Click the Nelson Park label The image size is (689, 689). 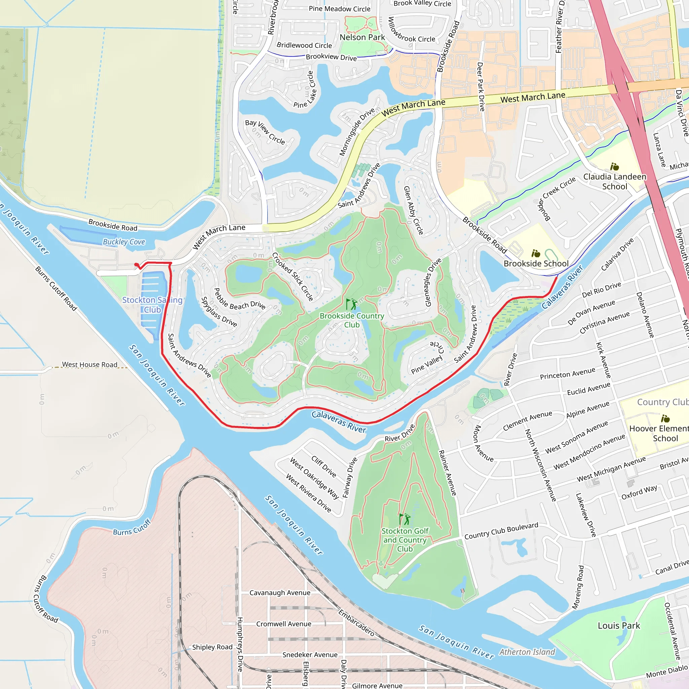pyautogui.click(x=362, y=37)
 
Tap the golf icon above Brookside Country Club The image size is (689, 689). pyautogui.click(x=351, y=304)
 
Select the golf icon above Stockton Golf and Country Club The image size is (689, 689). pyautogui.click(x=404, y=519)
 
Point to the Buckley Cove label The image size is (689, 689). pyautogui.click(x=124, y=242)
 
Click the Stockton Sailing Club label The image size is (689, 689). pyautogui.click(x=152, y=304)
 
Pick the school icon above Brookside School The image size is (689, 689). pyautogui.click(x=536, y=254)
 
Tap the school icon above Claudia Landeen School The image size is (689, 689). pyautogui.click(x=614, y=167)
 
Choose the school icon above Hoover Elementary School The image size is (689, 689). pyautogui.click(x=665, y=418)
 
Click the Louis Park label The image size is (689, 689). pyautogui.click(x=619, y=625)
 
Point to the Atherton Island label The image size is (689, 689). pyautogui.click(x=527, y=652)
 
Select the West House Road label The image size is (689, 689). pyautogui.click(x=89, y=364)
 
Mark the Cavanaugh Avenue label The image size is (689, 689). pyautogui.click(x=280, y=593)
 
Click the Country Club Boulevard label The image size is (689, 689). pyautogui.click(x=501, y=531)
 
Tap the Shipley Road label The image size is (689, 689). pyautogui.click(x=212, y=647)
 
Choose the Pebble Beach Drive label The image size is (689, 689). pyautogui.click(x=239, y=299)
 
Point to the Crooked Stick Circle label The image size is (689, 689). pyautogui.click(x=292, y=277)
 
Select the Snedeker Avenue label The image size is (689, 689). pyautogui.click(x=310, y=655)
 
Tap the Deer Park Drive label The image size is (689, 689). pyautogui.click(x=480, y=87)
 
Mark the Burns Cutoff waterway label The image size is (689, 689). pyautogui.click(x=132, y=528)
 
